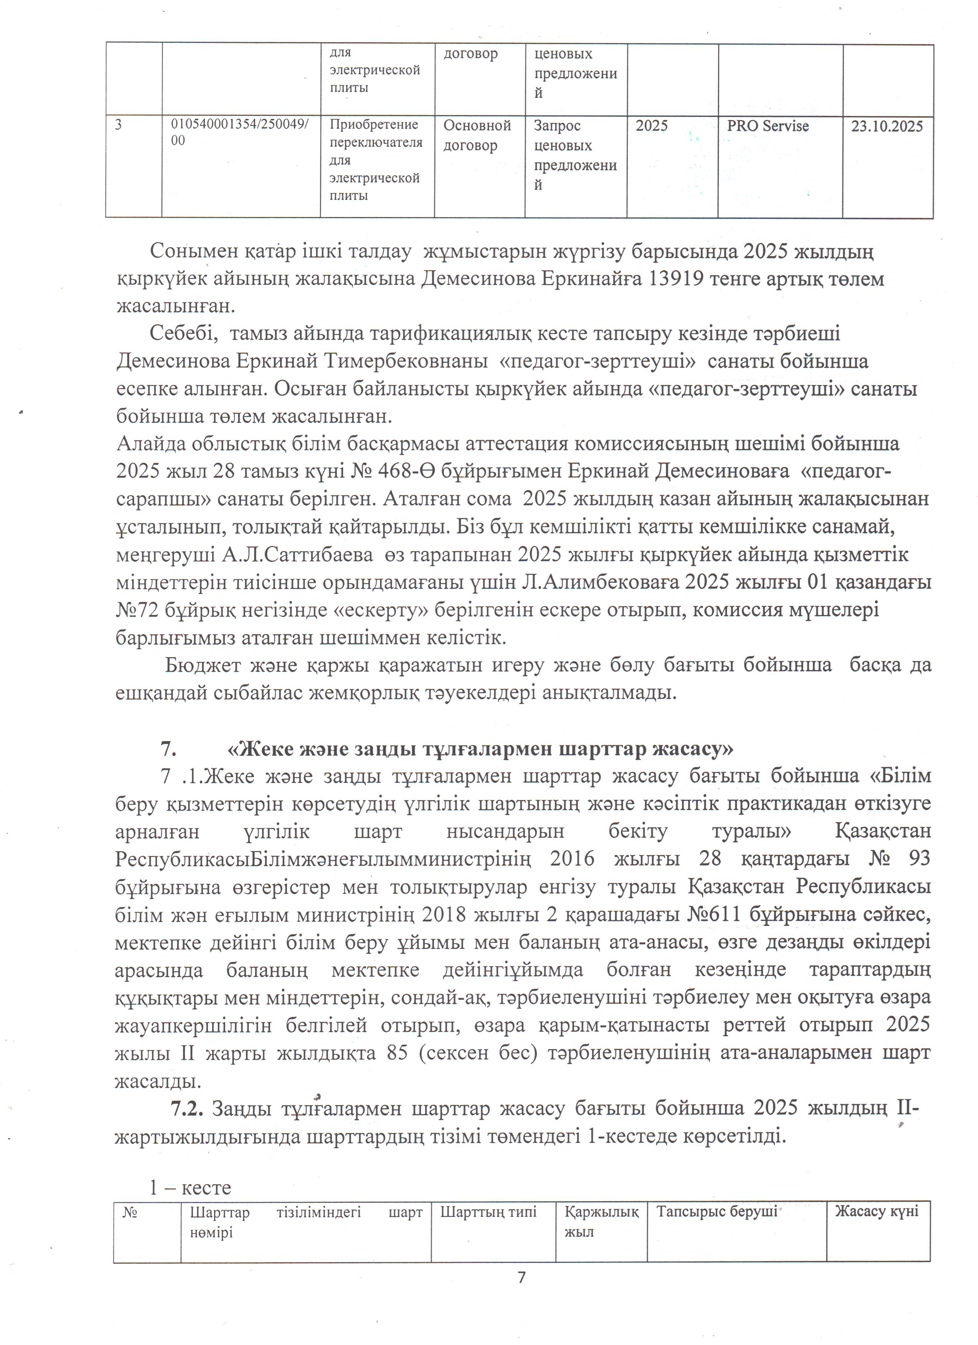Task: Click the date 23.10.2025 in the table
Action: (x=887, y=126)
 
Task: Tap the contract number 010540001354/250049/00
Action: (x=239, y=132)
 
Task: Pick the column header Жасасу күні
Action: (x=877, y=1212)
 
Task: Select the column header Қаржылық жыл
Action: (x=601, y=1222)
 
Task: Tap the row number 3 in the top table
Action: (x=119, y=125)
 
